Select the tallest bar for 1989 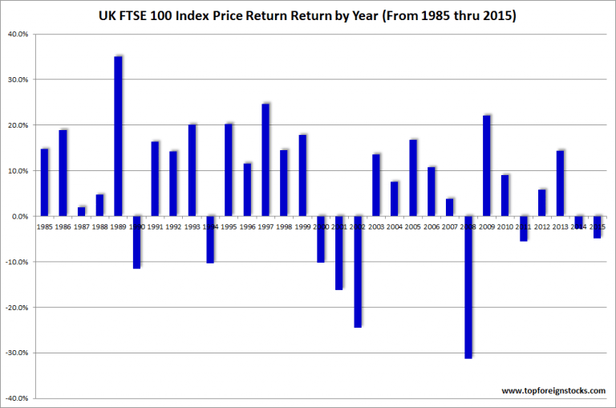point(118,137)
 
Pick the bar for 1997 point(265,160)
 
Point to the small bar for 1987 point(81,211)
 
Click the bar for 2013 point(561,183)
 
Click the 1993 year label point(192,227)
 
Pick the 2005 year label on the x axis point(413,227)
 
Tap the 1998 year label point(284,227)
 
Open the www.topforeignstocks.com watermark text point(553,390)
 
